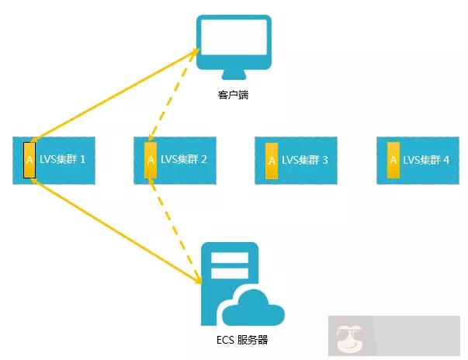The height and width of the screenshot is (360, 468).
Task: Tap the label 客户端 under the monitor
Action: pyautogui.click(x=233, y=97)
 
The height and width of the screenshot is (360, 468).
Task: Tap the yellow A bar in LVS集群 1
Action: pyautogui.click(x=29, y=161)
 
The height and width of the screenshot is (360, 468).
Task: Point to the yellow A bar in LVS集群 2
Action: pyautogui.click(x=151, y=161)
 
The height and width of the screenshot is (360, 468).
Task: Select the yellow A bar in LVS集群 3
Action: pyautogui.click(x=272, y=161)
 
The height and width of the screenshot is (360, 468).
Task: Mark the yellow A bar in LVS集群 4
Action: pyautogui.click(x=393, y=161)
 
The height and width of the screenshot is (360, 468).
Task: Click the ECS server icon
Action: pyautogui.click(x=233, y=283)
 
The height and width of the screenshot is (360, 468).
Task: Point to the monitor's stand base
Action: pyautogui.click(x=233, y=75)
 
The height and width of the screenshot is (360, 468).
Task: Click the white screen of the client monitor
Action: pyautogui.click(x=233, y=40)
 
